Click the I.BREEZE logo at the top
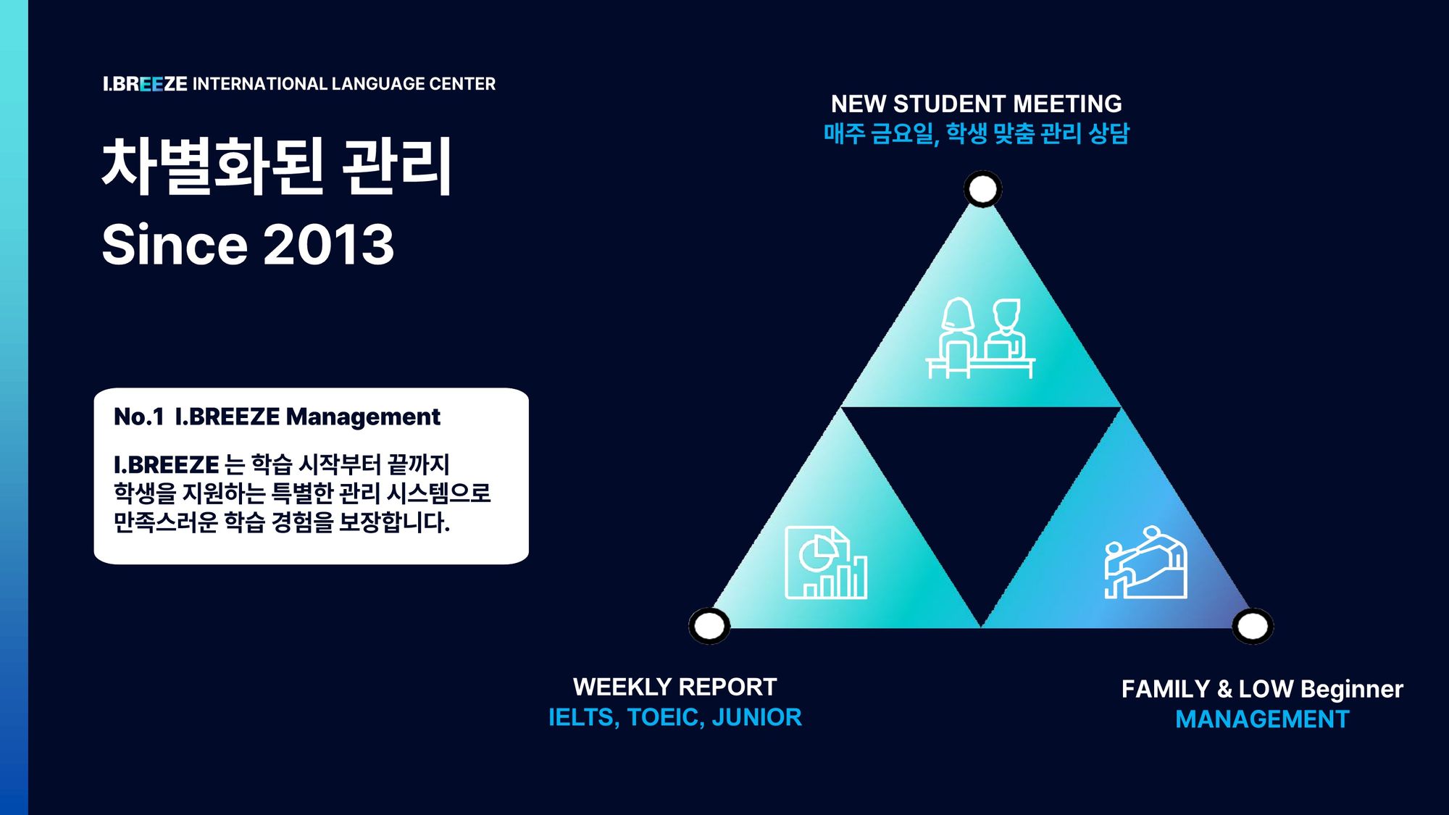pyautogui.click(x=145, y=84)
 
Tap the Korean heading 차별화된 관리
pyautogui.click(x=277, y=167)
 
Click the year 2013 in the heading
pyautogui.click(x=328, y=244)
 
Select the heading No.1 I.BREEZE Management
pyautogui.click(x=277, y=417)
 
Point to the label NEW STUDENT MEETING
pyautogui.click(x=976, y=104)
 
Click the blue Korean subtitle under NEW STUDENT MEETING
pyautogui.click(x=976, y=134)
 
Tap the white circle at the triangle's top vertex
pyautogui.click(x=982, y=189)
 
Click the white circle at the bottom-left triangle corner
pyautogui.click(x=709, y=626)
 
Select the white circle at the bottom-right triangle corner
pyautogui.click(x=1253, y=626)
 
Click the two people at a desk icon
pyautogui.click(x=980, y=338)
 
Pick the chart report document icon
pyautogui.click(x=826, y=563)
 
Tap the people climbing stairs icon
pyautogui.click(x=1145, y=562)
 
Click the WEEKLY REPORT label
pyautogui.click(x=675, y=687)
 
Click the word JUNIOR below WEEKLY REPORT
pyautogui.click(x=756, y=717)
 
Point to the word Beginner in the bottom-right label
pyautogui.click(x=1352, y=690)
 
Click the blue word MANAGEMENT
pyautogui.click(x=1262, y=719)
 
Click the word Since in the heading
pyautogui.click(x=175, y=244)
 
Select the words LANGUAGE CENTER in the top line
pyautogui.click(x=413, y=84)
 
